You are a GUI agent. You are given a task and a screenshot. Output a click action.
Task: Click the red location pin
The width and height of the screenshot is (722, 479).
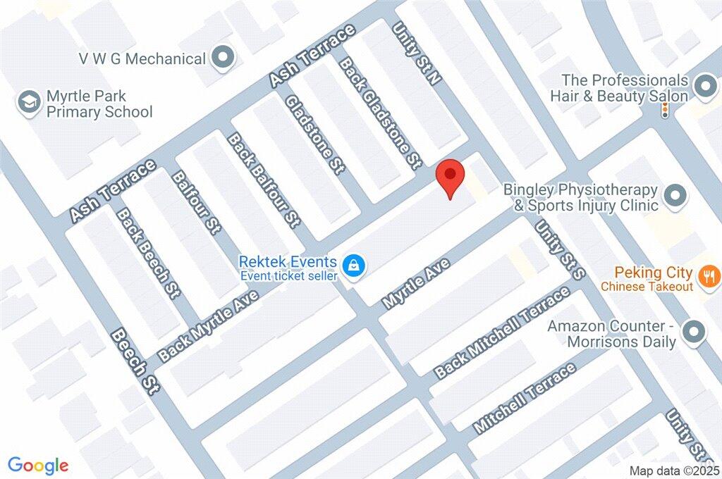(x=451, y=177)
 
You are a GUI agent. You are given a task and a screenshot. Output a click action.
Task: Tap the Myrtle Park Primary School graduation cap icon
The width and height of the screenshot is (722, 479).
(x=30, y=101)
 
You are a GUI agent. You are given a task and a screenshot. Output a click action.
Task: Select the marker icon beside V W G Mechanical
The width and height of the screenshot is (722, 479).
(x=224, y=58)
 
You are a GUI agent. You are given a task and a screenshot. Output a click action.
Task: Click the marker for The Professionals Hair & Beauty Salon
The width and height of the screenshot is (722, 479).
(x=704, y=87)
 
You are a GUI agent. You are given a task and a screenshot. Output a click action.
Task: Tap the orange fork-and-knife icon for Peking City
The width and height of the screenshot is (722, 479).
(x=709, y=276)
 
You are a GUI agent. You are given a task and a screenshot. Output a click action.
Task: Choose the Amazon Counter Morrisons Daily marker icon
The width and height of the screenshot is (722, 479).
(x=695, y=331)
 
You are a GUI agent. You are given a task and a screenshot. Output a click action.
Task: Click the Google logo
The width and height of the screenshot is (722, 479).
(x=38, y=465)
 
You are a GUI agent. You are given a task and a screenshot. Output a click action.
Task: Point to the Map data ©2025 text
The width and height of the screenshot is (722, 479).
(x=674, y=471)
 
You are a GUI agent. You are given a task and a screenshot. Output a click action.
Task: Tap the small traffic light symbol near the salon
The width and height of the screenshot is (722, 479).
(x=664, y=111)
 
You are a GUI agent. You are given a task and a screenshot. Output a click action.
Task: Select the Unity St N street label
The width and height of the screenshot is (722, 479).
(x=417, y=54)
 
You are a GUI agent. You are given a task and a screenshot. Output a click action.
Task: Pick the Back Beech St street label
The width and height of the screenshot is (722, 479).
(x=147, y=252)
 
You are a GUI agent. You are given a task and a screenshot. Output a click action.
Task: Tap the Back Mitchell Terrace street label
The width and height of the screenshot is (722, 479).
(x=502, y=332)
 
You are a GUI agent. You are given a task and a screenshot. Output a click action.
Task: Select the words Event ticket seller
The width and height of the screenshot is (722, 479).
(x=289, y=275)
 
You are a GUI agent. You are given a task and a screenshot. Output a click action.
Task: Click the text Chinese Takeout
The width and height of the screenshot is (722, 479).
(x=647, y=287)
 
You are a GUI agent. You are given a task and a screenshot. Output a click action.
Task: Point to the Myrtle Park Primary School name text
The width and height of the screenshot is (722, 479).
(x=99, y=104)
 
